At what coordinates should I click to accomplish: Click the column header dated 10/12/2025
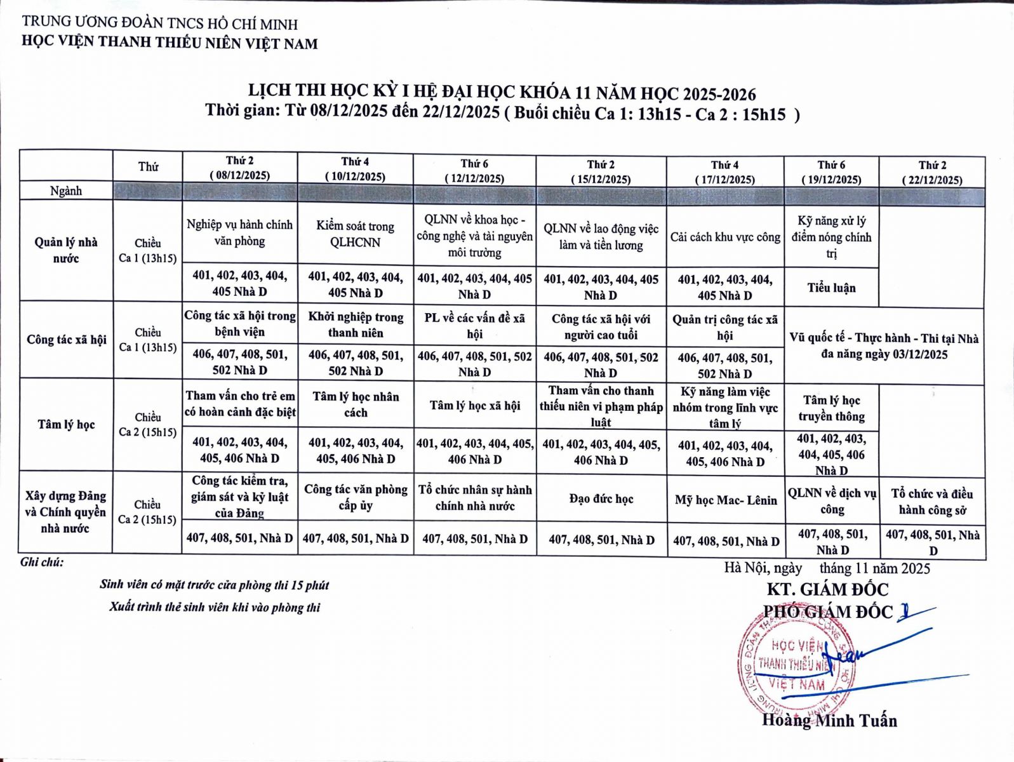pos(355,169)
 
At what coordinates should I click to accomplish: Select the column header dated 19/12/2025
pos(831,172)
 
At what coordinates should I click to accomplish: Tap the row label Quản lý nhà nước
pos(66,250)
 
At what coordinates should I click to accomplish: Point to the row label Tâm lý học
pos(66,424)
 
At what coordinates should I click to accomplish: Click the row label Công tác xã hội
pos(66,340)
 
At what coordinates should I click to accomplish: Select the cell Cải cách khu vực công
pos(725,237)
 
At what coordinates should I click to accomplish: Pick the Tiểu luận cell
pos(831,288)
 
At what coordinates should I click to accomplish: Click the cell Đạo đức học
pos(601,499)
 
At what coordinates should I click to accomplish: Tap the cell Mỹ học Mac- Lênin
pos(725,500)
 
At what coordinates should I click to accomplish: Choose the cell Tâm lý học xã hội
pos(474,405)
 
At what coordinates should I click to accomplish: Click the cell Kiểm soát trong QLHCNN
pos(355,234)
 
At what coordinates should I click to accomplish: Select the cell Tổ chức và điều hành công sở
pos(931,502)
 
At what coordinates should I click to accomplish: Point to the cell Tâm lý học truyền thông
pos(831,408)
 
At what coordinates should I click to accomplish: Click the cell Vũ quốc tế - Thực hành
pos(884,346)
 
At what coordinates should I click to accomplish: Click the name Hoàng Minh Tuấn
pos(829,721)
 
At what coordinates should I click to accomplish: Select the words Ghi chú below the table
pos(42,562)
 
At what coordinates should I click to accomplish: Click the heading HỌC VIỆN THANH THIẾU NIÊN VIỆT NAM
pos(170,43)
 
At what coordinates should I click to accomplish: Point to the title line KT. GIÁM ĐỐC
pos(827,589)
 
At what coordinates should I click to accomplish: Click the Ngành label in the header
pos(66,190)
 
